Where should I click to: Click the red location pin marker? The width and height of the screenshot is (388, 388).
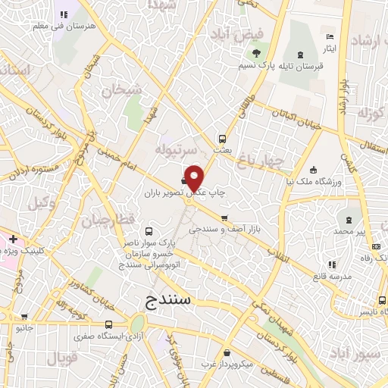click(x=195, y=177)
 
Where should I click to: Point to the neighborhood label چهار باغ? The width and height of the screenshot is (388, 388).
click(x=260, y=160)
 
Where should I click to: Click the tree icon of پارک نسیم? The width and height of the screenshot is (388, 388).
click(x=255, y=54)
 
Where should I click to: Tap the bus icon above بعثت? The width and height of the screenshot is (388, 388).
click(x=222, y=139)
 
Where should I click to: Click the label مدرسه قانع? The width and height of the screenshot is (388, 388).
click(x=331, y=277)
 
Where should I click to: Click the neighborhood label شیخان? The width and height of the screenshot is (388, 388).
click(x=122, y=90)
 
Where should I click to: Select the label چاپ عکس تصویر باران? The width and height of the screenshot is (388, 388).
click(x=179, y=193)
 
